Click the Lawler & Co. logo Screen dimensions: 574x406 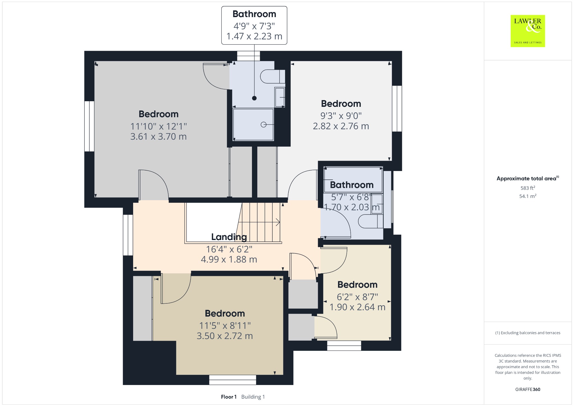(x=527, y=31)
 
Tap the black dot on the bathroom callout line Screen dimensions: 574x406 (x=254, y=98)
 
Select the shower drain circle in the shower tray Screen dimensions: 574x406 (x=263, y=124)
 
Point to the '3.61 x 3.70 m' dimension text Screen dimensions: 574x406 (x=158, y=137)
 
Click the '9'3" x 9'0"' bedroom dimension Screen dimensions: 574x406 (x=341, y=116)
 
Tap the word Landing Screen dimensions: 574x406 (x=229, y=237)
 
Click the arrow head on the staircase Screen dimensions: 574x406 (x=278, y=222)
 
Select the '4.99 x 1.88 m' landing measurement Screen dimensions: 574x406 (x=229, y=259)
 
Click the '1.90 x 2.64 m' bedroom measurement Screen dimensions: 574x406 (x=357, y=307)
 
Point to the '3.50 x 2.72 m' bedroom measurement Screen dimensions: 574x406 (x=225, y=336)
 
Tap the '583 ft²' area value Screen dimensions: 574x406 (x=528, y=188)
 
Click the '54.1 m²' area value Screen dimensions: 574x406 (x=528, y=196)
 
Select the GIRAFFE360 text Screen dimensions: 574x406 (x=528, y=389)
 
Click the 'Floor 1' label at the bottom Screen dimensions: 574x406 (x=229, y=397)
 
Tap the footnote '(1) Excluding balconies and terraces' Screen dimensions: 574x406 (x=528, y=333)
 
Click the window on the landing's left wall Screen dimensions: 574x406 (x=128, y=235)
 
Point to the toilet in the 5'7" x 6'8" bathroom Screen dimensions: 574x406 (x=371, y=221)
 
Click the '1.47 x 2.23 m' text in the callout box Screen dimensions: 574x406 (x=254, y=36)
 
